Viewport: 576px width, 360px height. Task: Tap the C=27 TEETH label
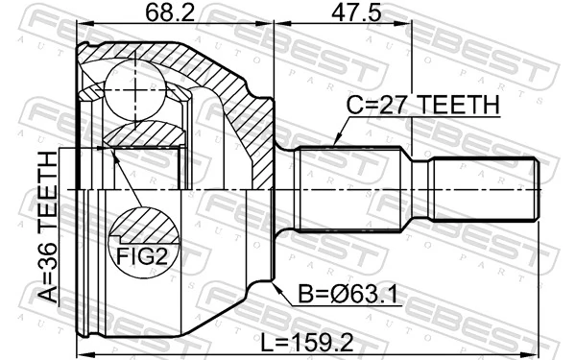419,106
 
